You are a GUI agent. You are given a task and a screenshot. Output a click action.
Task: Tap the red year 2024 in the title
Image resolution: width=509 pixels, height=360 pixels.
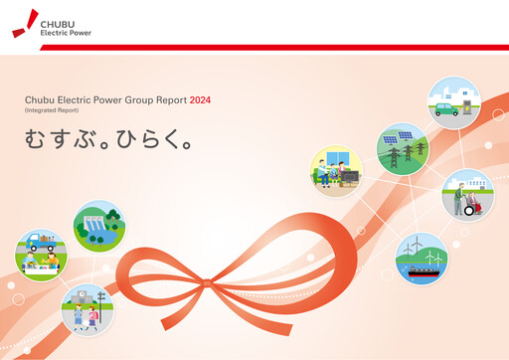(x=200, y=100)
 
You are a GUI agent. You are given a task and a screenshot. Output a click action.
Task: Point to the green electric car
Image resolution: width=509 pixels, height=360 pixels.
(x=448, y=109)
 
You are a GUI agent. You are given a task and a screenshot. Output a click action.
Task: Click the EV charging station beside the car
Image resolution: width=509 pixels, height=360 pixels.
(x=466, y=102)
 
